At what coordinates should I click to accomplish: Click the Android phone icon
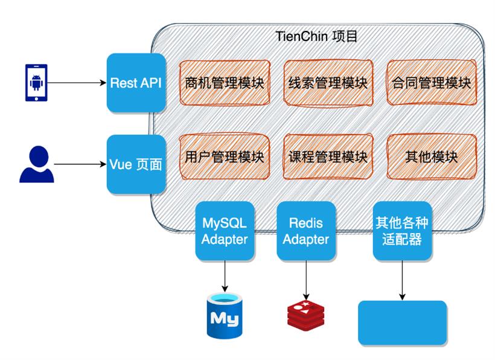(x=36, y=82)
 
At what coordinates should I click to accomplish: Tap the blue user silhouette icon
(x=36, y=164)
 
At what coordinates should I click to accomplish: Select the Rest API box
(x=136, y=83)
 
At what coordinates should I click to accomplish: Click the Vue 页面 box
(x=136, y=164)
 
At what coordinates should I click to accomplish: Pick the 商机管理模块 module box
(x=225, y=83)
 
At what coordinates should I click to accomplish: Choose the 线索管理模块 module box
(x=328, y=83)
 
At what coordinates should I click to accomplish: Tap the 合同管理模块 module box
(x=431, y=83)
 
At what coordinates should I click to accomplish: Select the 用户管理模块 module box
(x=225, y=157)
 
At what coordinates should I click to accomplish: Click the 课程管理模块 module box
(x=328, y=157)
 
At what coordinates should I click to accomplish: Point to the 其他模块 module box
(x=431, y=157)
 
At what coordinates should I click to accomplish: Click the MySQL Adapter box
(x=225, y=231)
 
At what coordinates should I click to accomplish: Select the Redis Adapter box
(x=306, y=231)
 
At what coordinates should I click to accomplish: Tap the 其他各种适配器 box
(x=402, y=231)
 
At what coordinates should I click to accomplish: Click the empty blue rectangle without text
(x=403, y=323)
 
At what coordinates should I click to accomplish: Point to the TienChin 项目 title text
(x=316, y=36)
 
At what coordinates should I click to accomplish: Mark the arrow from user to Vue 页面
(x=80, y=164)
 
